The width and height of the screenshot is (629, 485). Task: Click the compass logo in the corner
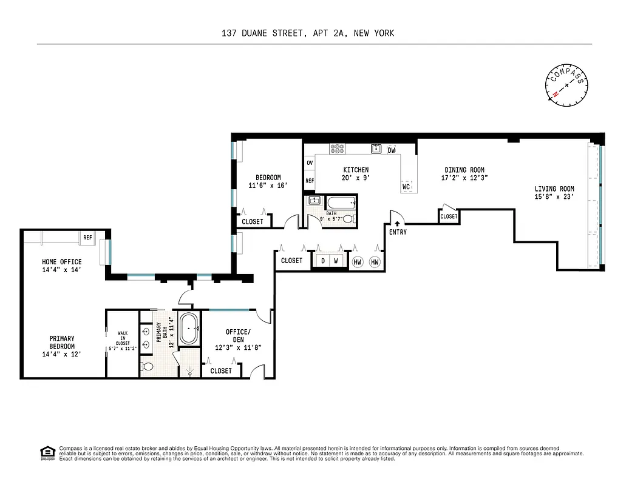[567, 85]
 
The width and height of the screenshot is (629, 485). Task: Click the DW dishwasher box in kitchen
[392, 150]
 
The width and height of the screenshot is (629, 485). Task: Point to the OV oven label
[310, 163]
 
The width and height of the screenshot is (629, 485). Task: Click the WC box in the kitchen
[406, 187]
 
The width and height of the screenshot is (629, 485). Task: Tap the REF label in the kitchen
[310, 181]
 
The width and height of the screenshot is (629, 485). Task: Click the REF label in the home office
[87, 238]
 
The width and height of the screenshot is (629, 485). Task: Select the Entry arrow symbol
[398, 224]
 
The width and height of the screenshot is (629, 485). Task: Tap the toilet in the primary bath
[148, 366]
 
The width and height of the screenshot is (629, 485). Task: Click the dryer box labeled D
[322, 261]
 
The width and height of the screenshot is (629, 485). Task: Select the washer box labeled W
[336, 261]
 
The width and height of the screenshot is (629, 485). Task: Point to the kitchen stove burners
[337, 149]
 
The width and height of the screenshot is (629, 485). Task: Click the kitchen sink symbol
[376, 149]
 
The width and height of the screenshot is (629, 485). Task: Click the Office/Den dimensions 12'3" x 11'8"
[237, 348]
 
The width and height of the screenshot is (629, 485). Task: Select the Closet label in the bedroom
[253, 222]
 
